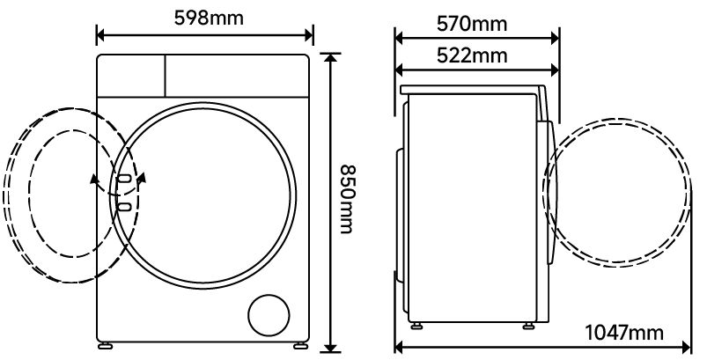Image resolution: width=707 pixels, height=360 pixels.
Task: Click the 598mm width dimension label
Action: [x=209, y=18]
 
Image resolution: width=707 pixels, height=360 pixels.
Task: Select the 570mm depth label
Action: [x=472, y=24]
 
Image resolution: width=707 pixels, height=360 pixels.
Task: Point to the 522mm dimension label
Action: [x=472, y=55]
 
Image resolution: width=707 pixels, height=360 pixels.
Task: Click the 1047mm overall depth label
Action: [x=623, y=333]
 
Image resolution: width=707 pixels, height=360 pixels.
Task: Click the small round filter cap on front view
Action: [x=269, y=315]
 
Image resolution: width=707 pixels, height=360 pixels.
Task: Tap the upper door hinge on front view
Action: [x=124, y=179]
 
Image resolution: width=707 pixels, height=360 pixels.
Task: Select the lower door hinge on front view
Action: [x=124, y=207]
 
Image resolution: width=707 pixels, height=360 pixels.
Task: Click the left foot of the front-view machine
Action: [x=106, y=346]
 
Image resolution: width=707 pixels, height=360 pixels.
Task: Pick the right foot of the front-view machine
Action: [x=300, y=346]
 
